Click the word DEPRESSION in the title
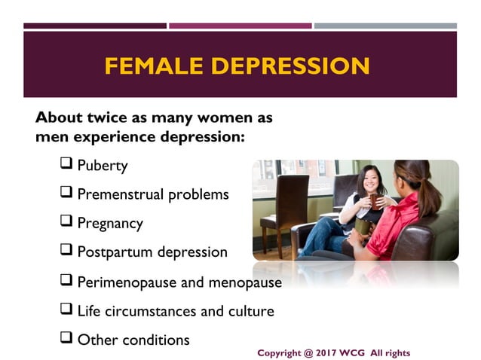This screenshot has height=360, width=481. pos(291,66)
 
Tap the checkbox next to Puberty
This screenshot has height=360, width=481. pos(66,163)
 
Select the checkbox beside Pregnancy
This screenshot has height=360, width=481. pos(66,222)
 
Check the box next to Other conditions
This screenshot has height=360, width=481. pos(66,338)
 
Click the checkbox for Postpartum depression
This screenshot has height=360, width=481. pos(66,251)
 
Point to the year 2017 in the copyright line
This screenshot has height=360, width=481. pos(326,352)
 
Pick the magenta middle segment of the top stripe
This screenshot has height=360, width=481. pos(240,26)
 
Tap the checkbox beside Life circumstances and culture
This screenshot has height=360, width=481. pos(66,309)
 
